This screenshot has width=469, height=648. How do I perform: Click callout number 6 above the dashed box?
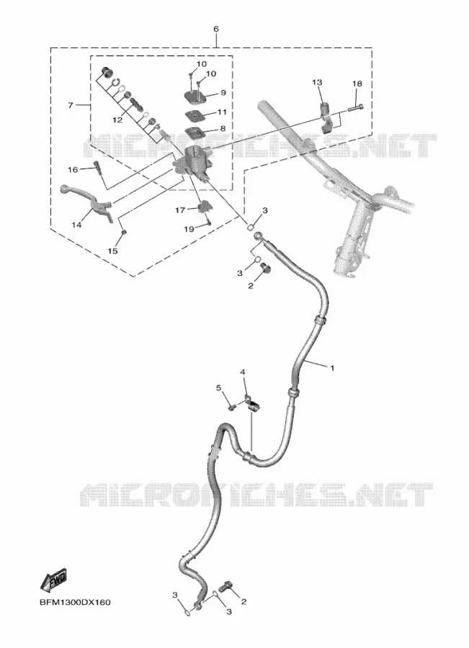point(216,30)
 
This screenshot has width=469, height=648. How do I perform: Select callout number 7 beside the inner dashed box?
point(71,105)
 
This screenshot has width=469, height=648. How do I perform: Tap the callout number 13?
point(317,83)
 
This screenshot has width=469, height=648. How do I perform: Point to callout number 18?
point(357,84)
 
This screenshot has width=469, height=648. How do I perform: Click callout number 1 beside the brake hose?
point(331,367)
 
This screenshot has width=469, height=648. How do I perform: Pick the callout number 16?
point(73,169)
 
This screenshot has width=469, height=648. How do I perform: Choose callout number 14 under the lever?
point(76,225)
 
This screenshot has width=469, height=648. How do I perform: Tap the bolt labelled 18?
point(356,108)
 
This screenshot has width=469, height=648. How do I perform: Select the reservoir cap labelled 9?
point(197,96)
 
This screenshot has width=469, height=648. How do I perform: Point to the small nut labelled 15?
point(123,234)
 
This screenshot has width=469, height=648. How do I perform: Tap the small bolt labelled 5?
point(231,407)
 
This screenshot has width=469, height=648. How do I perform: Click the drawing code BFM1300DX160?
point(75,602)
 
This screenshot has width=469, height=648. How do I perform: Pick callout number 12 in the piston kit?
point(117,120)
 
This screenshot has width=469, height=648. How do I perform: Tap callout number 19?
point(189,228)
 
